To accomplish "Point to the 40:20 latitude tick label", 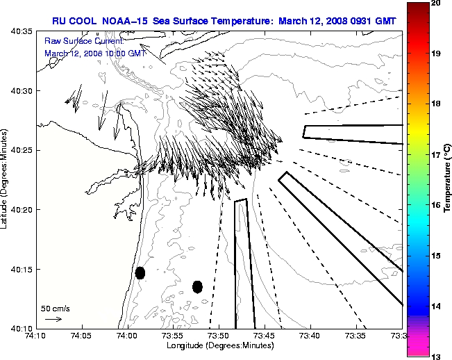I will [22, 209].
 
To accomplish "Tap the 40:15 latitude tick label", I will [22, 269].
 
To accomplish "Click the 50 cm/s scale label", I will [56, 308].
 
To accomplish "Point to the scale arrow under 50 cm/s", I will [53, 319].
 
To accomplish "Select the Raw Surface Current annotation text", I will [76, 41].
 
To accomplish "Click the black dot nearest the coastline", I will [140, 272].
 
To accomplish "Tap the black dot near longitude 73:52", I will [197, 286].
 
